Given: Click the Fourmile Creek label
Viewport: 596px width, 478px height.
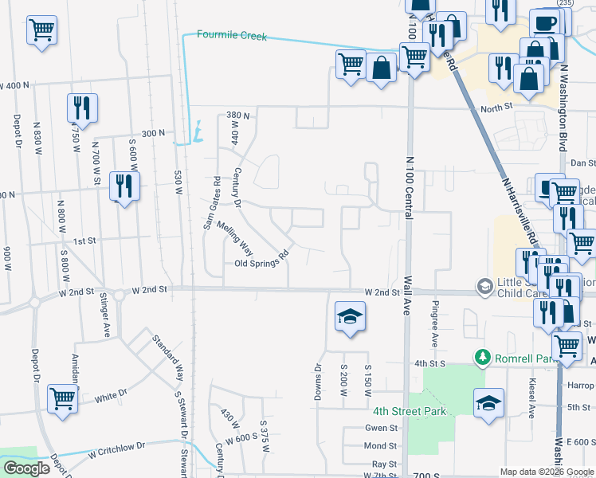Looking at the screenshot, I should [232, 36].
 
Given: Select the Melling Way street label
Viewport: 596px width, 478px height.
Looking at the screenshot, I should [235, 237].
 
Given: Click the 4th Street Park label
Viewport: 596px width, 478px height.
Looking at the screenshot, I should [410, 411].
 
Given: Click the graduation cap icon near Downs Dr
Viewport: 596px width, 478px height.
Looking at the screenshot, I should [349, 316].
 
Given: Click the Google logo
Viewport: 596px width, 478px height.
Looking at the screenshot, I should [26, 468].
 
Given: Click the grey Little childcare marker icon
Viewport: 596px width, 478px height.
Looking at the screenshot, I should [484, 285].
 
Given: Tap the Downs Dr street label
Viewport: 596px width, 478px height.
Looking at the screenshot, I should [318, 382].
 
